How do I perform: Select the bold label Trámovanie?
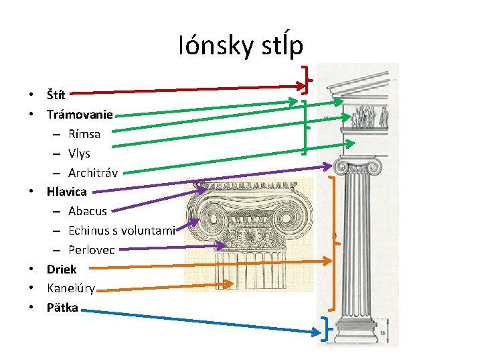(x=80, y=114)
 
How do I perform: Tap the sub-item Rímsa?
(x=84, y=133)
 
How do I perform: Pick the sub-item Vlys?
(x=79, y=153)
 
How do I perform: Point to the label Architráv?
(x=93, y=172)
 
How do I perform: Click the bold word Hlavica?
(x=66, y=192)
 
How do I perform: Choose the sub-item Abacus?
(x=88, y=211)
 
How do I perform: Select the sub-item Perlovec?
(x=92, y=250)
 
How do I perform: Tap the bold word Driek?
(x=62, y=269)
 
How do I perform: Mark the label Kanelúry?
(x=71, y=289)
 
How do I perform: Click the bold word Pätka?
(x=62, y=308)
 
